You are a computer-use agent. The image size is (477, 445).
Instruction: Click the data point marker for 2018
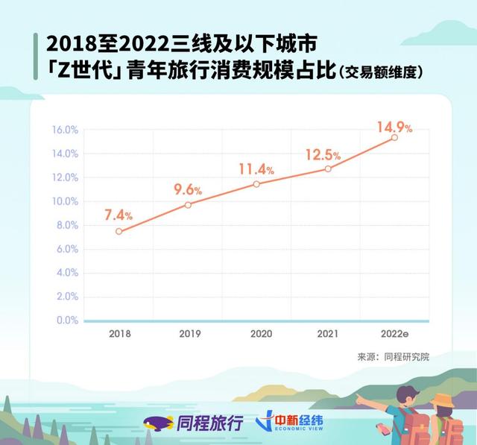(x=119, y=231)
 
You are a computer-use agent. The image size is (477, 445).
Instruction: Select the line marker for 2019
(x=188, y=204)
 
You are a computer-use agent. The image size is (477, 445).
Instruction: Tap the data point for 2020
(x=257, y=183)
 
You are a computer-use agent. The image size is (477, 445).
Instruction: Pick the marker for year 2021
(x=328, y=168)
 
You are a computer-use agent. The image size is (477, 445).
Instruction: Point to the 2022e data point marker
(x=394, y=138)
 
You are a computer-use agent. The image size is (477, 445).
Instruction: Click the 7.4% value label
(x=118, y=215)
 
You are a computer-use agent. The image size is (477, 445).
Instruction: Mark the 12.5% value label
(x=323, y=154)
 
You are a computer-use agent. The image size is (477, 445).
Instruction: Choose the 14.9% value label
(x=394, y=127)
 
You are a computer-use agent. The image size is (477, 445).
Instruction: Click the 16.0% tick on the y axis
(x=65, y=130)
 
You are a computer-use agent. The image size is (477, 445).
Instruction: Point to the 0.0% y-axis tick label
(x=67, y=321)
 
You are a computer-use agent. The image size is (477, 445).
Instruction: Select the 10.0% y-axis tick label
(x=65, y=201)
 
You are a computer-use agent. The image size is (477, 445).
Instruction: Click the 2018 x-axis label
(x=119, y=334)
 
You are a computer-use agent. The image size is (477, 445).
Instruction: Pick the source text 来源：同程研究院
(x=394, y=357)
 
